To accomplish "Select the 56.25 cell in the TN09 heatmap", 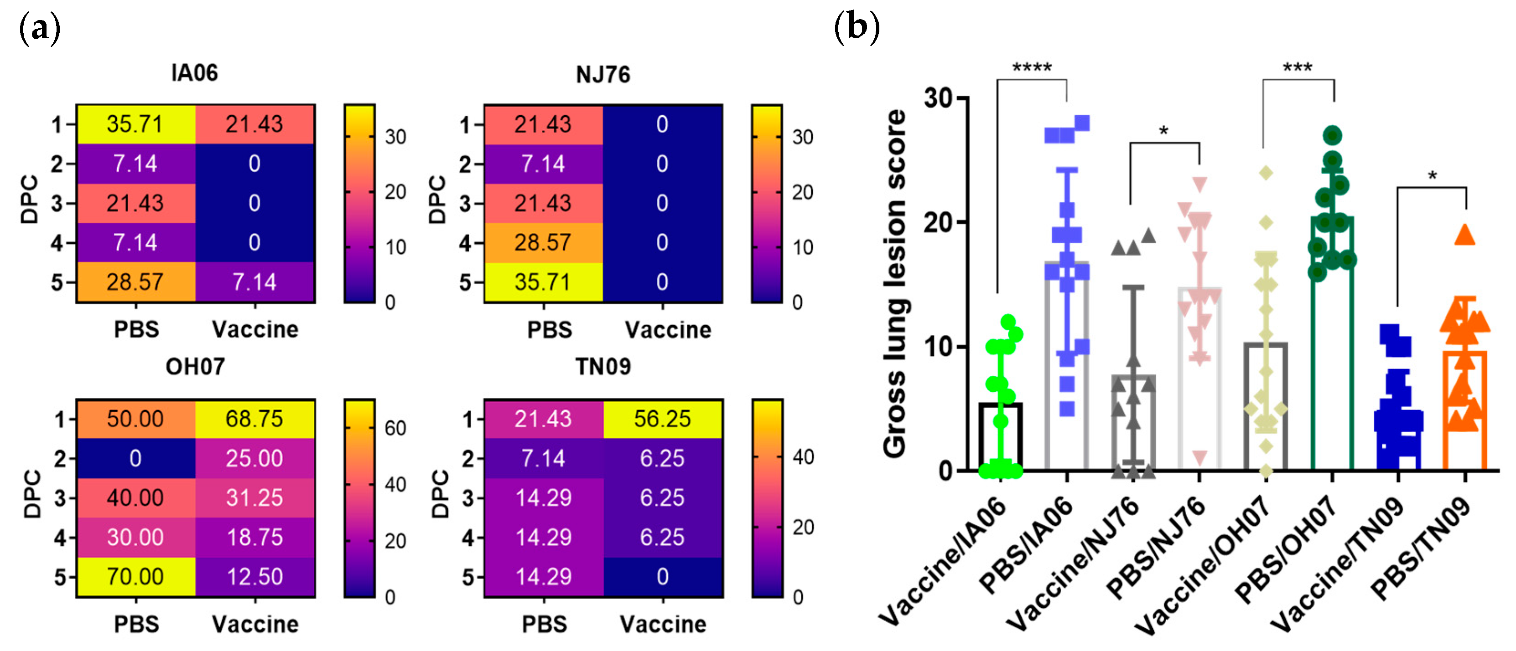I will click(662, 419).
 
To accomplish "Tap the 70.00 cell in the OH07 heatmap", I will click(135, 576).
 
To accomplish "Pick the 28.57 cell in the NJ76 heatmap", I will click(543, 242).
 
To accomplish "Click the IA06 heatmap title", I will click(195, 73).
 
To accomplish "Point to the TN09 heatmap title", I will click(603, 366).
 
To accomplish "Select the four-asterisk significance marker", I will click(1032, 67).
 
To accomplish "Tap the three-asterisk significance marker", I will click(1298, 67).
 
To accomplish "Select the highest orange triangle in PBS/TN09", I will click(1465, 235).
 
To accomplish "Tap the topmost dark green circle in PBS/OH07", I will click(1332, 135).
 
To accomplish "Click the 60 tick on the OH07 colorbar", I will click(395, 427).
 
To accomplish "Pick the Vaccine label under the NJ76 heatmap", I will click(668, 330).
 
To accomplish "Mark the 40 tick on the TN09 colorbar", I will click(803, 457).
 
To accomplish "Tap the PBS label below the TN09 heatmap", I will click(545, 624).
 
